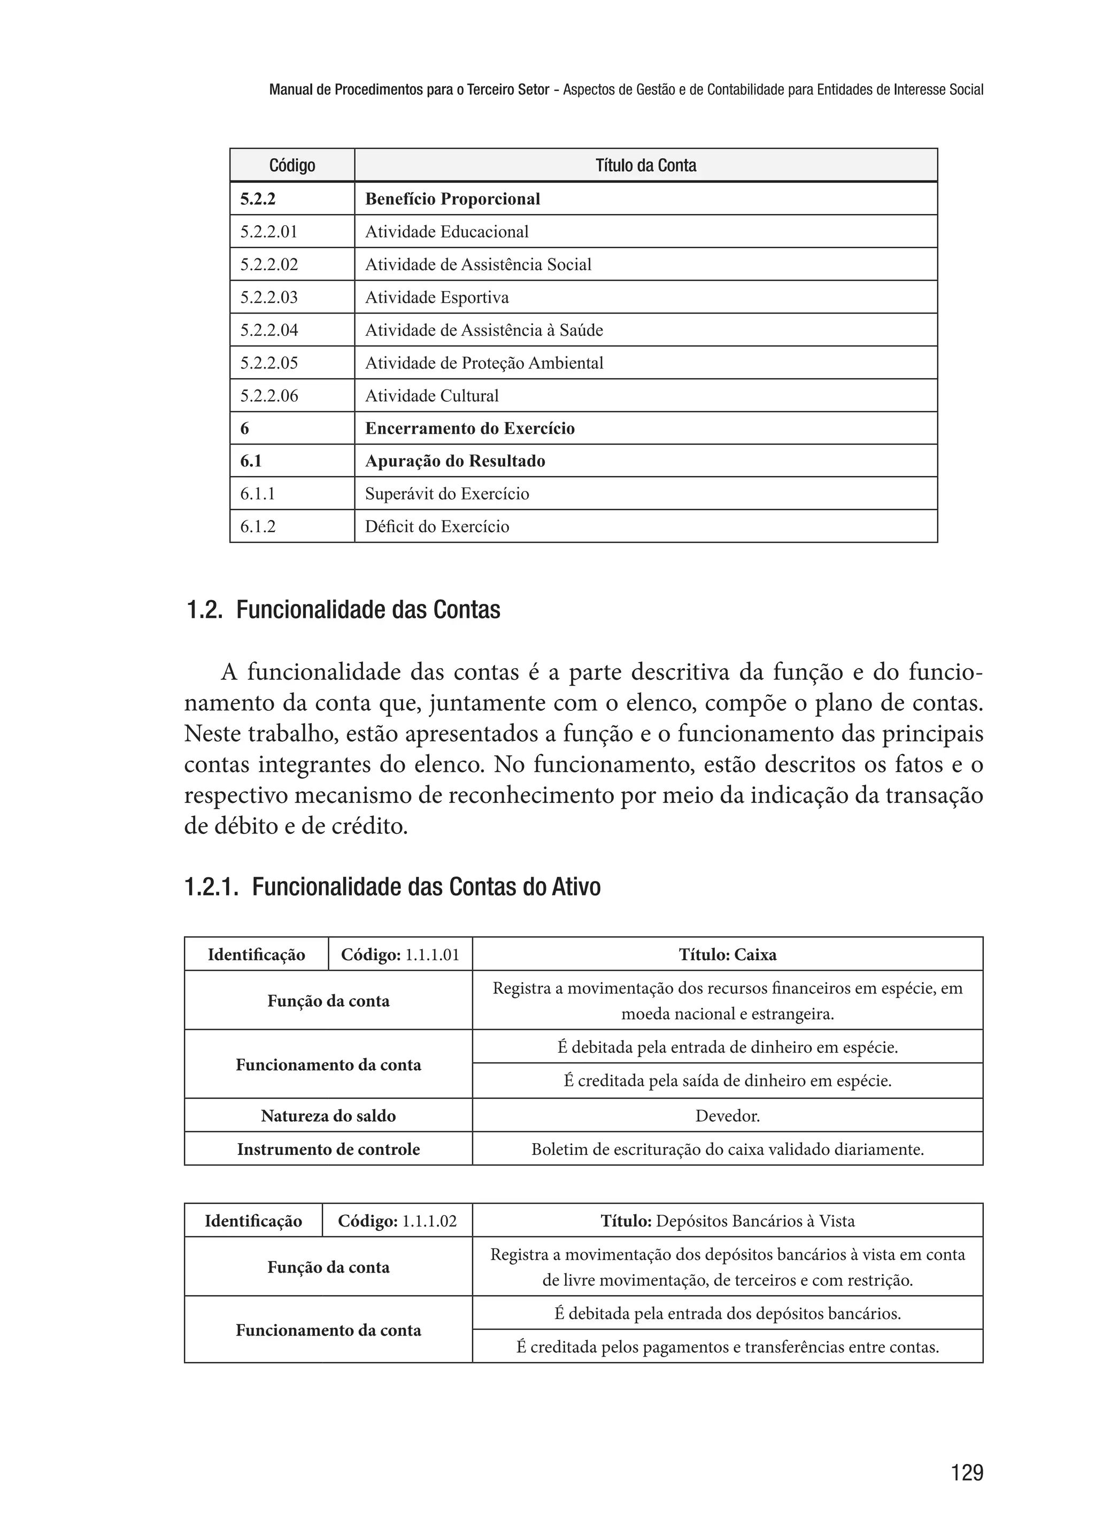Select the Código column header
pos(292,165)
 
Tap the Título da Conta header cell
pos(645,165)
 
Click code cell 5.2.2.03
pos(269,297)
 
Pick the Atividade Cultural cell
pos(431,396)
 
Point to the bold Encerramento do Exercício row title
pos(470,428)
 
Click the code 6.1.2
pos(258,527)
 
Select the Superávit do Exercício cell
pos(447,494)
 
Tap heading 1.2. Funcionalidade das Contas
pos(343,610)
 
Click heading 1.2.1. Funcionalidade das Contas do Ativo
pos(392,886)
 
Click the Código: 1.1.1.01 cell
pos(400,954)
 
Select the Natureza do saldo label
pos(328,1116)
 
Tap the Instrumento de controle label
pos(328,1150)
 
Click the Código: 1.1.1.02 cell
pos(397,1221)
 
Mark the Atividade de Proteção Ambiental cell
pos(484,363)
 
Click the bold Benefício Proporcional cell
pos(452,199)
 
